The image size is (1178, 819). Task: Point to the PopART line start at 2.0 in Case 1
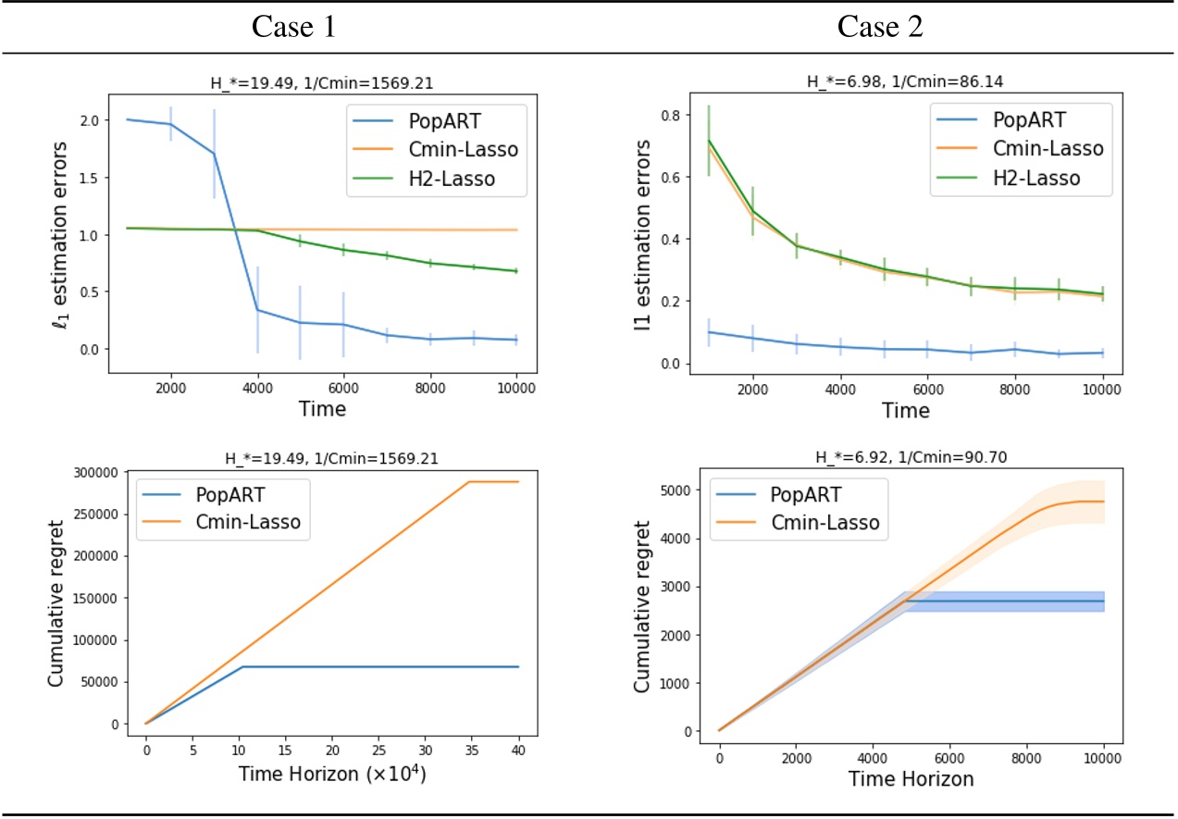click(127, 119)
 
